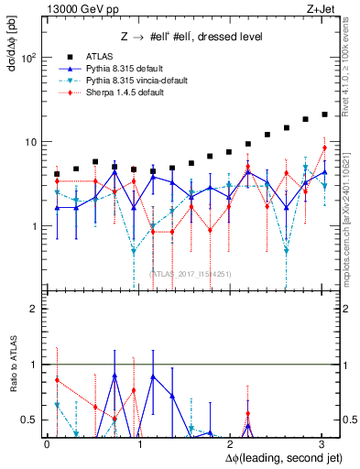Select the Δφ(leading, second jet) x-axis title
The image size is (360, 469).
point(275,455)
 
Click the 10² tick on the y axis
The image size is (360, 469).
point(28,58)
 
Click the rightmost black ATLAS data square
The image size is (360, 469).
point(324,115)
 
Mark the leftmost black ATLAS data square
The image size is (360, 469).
point(57,173)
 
